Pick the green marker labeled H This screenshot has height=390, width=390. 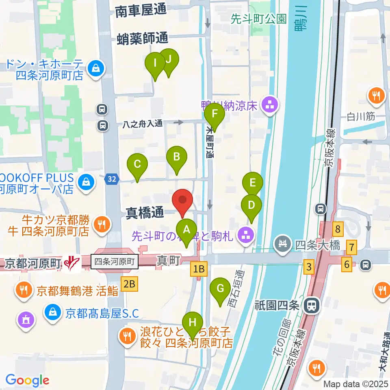tap(193, 324)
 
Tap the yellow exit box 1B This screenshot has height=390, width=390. tap(199, 269)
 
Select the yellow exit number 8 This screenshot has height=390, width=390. tap(338, 230)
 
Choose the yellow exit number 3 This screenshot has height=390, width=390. tap(310, 267)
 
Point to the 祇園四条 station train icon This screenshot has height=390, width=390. tap(312, 305)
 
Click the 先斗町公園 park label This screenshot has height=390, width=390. tap(258, 18)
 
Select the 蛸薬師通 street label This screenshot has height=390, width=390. tap(142, 39)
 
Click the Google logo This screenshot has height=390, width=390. tap(27, 380)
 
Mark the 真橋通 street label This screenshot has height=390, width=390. tap(144, 212)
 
